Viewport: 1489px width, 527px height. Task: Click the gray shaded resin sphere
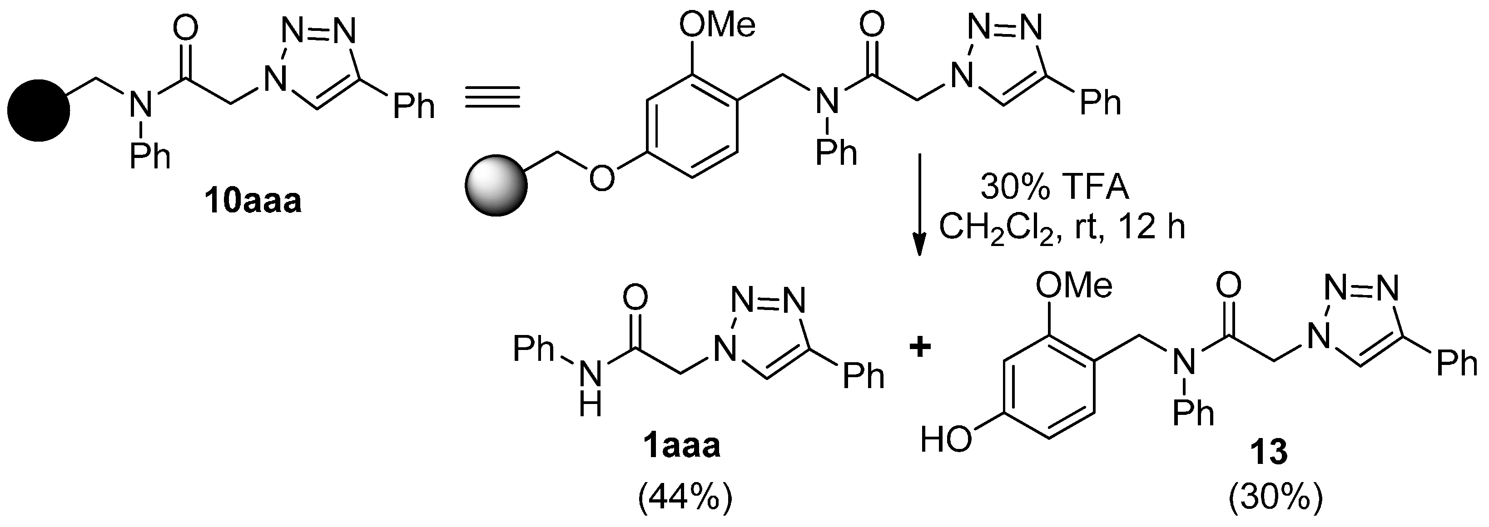click(x=496, y=186)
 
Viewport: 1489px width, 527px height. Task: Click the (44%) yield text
click(x=685, y=497)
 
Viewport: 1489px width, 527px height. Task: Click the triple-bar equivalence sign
click(x=492, y=97)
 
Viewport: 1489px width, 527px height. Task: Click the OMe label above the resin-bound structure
click(x=717, y=26)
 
